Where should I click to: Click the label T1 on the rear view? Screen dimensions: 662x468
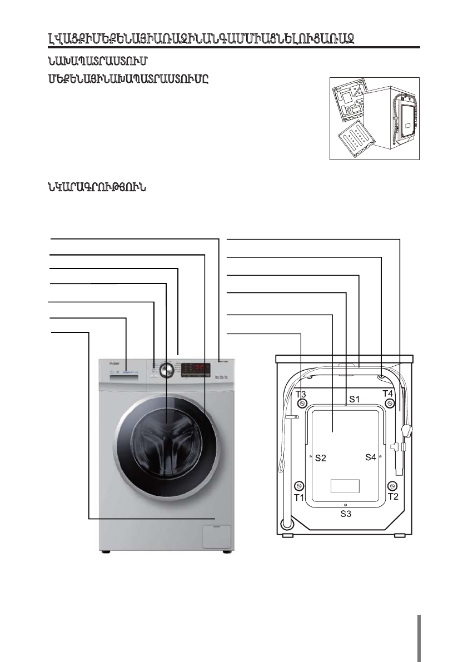299,497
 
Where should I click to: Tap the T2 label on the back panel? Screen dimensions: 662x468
394,496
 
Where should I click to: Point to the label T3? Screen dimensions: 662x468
301,394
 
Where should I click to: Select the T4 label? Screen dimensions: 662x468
389,394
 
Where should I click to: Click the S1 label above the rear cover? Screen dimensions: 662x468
355,399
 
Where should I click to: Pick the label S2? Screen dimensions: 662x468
321,459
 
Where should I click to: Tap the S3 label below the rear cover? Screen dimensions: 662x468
346,515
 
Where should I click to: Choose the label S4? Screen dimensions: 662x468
371,457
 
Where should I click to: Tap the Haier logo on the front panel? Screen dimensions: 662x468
114,364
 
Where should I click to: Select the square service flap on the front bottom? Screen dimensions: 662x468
216,535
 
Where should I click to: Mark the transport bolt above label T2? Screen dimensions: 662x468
392,486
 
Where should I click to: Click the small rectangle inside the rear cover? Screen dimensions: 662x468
345,486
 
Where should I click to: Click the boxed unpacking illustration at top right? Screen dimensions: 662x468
374,118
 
